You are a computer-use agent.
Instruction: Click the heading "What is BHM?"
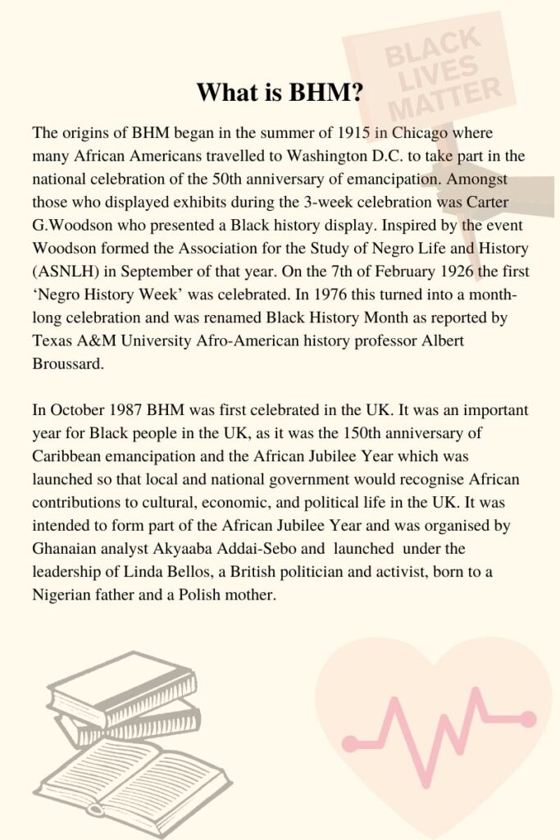(x=280, y=93)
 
